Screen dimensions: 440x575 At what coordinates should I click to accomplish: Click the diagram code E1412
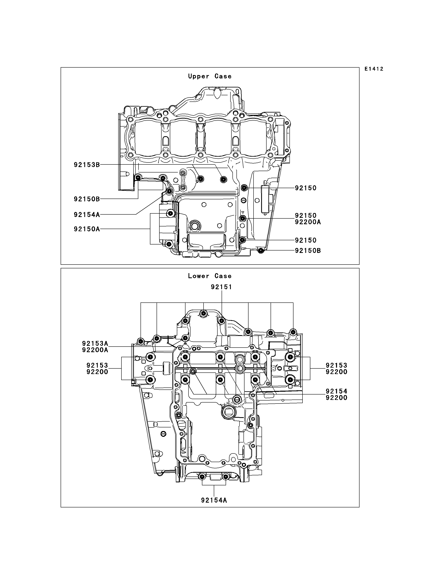[x=374, y=69]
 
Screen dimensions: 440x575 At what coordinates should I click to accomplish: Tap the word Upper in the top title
[x=199, y=76]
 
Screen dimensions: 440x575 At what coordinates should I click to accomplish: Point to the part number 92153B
[x=87, y=165]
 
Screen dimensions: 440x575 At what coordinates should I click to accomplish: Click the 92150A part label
[x=87, y=229]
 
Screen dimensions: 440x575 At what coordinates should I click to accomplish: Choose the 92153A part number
[x=95, y=343]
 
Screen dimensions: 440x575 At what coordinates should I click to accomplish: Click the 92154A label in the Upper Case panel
[x=87, y=215]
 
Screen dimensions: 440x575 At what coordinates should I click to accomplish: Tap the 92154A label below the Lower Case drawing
[x=214, y=500]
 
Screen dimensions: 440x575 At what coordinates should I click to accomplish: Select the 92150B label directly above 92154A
[x=87, y=199]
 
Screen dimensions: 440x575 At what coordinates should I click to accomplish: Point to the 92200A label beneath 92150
[x=308, y=222]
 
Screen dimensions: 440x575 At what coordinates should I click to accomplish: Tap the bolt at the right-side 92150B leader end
[x=261, y=251]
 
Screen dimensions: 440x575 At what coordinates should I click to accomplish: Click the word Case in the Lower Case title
[x=223, y=276]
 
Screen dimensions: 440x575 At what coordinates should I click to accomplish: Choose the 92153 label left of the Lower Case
[x=97, y=365]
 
